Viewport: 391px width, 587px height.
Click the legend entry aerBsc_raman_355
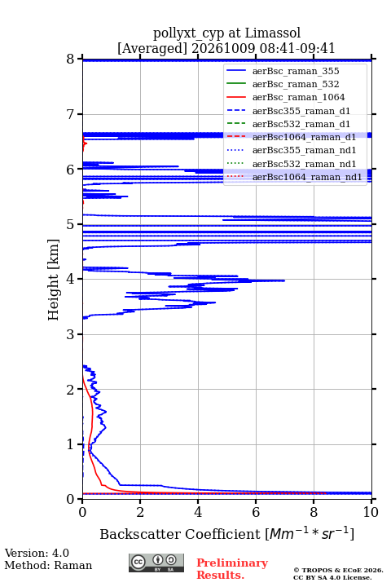296,71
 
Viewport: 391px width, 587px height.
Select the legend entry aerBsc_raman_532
296,84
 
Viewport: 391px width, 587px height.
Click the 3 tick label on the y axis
70,334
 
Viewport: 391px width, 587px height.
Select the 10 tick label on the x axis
371,512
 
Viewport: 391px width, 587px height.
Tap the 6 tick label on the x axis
256,512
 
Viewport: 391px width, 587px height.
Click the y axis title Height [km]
54,280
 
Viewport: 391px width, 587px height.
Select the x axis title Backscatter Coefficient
179,534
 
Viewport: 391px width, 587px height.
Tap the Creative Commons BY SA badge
156,563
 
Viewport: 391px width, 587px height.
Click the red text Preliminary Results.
232,569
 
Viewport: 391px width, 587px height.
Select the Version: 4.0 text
37,554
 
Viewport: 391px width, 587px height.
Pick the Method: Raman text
48,565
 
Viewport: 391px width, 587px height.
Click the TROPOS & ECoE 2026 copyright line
338,570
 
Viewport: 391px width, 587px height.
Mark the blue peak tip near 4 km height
284,280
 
